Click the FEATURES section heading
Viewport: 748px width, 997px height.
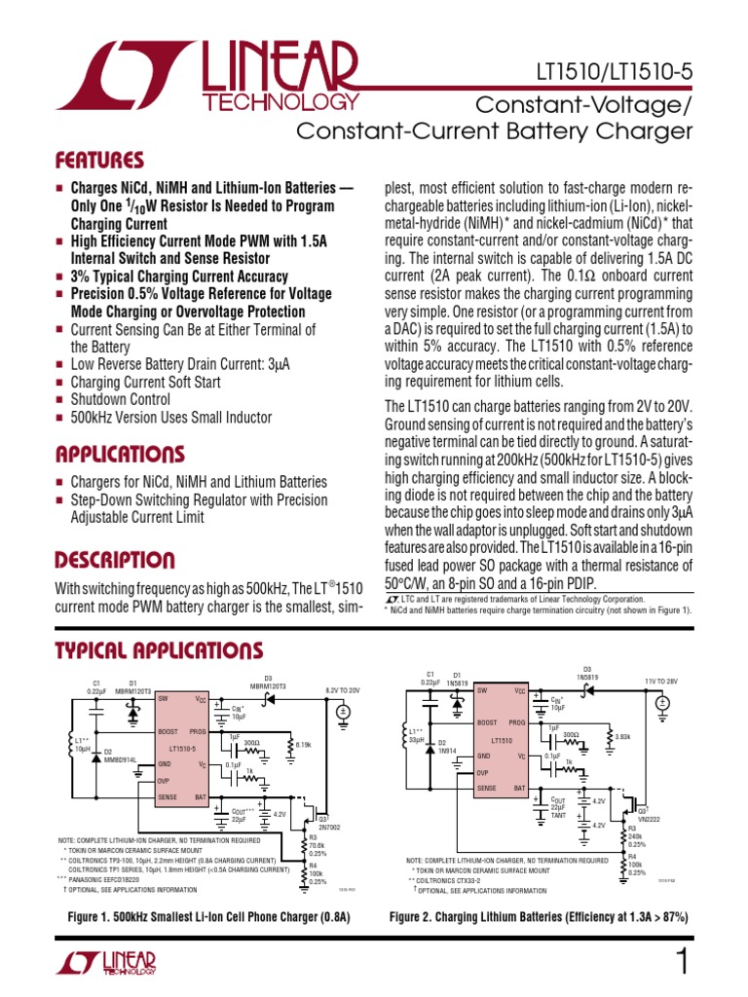click(99, 161)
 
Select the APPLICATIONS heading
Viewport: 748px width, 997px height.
click(120, 455)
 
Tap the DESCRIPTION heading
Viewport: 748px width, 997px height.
click(115, 561)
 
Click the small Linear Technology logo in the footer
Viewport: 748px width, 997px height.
click(106, 963)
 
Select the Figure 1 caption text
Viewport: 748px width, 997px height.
click(207, 917)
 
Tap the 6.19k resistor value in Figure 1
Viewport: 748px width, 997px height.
click(302, 744)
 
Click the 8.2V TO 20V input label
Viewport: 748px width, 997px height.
click(342, 689)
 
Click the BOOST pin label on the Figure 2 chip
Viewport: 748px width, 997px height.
click(488, 722)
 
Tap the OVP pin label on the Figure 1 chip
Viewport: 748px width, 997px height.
click(164, 781)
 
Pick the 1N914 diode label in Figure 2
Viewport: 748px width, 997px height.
click(446, 751)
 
